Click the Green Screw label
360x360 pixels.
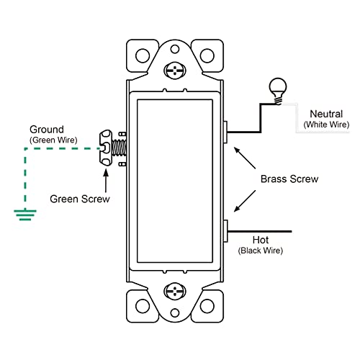(80, 198)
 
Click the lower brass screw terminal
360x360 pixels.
(227, 230)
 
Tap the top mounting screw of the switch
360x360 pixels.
(175, 71)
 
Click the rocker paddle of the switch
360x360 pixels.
(175, 180)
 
